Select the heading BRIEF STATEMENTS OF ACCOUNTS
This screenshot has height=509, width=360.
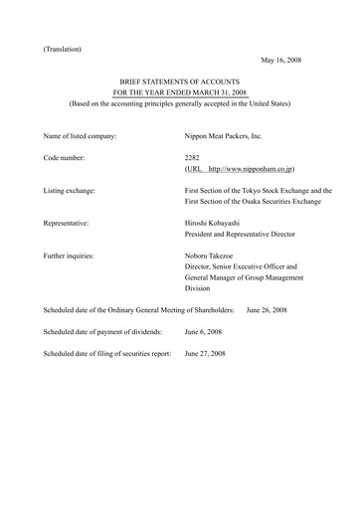point(180,87)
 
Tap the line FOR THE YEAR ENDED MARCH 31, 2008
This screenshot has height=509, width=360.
point(180,99)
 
